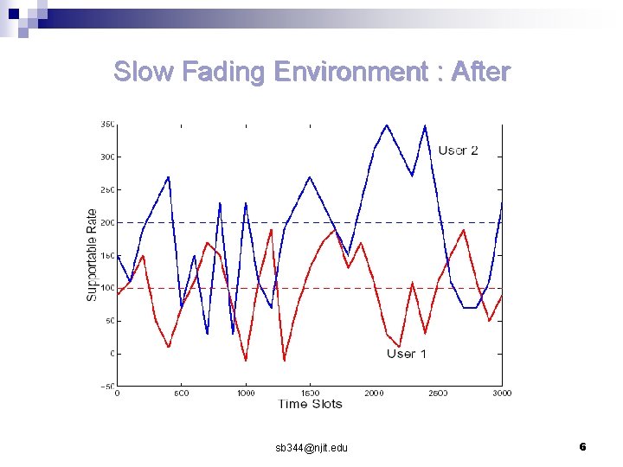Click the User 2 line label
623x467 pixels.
point(458,150)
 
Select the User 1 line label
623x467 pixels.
point(407,354)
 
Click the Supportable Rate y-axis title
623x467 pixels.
point(92,255)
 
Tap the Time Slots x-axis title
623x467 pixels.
point(310,404)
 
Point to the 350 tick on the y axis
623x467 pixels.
point(106,125)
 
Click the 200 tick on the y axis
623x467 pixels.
point(106,222)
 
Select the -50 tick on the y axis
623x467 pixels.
point(104,386)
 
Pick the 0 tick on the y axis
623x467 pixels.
point(111,354)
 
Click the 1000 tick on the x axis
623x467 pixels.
point(245,393)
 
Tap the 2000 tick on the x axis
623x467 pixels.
point(373,393)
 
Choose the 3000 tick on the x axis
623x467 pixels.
point(501,393)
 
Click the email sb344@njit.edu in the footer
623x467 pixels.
point(311,447)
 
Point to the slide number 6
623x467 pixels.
point(582,446)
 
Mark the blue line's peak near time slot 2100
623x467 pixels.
point(387,125)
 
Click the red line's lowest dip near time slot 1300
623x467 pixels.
point(284,360)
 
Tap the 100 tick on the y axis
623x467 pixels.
point(106,288)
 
